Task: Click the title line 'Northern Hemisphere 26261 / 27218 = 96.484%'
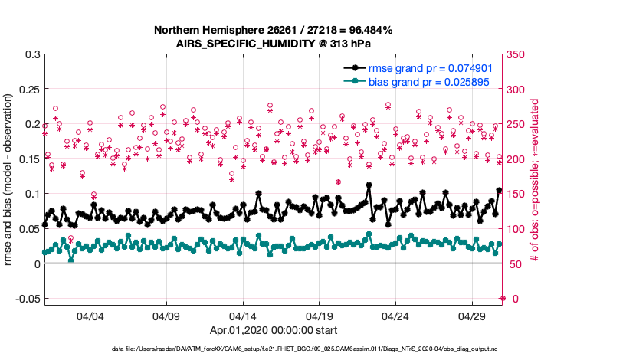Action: (274, 30)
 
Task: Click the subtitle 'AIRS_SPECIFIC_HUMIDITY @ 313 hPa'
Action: (274, 44)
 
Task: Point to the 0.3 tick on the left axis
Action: (33, 55)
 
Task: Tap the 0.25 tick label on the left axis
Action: (30, 90)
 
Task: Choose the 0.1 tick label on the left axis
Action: (33, 194)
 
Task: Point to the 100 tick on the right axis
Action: (520, 229)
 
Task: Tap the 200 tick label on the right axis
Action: (520, 159)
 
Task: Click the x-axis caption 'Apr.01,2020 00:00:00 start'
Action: (274, 330)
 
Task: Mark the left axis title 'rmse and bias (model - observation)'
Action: (9, 180)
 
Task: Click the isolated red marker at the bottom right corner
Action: (503, 298)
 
